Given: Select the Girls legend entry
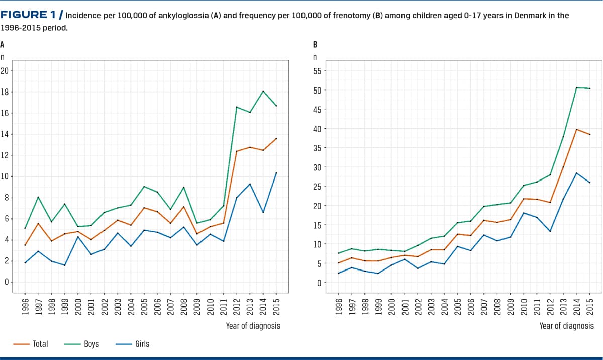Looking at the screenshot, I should pyautogui.click(x=142, y=344).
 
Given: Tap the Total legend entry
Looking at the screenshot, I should pyautogui.click(x=40, y=344).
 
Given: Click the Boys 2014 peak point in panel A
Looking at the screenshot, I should pyautogui.click(x=263, y=91).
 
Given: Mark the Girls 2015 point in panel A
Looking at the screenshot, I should pyautogui.click(x=276, y=173).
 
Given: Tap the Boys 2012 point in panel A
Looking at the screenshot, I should pyautogui.click(x=237, y=107).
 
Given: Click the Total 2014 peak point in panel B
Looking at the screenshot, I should pyautogui.click(x=576, y=129).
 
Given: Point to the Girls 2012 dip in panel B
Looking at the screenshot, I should pyautogui.click(x=550, y=231).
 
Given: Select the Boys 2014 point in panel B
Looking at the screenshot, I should pyautogui.click(x=576, y=88).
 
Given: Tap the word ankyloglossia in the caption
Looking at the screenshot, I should pyautogui.click(x=160, y=16).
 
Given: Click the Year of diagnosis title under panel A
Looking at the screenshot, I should pyautogui.click(x=253, y=326).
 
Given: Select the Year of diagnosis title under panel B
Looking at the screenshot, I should pyautogui.click(x=566, y=326).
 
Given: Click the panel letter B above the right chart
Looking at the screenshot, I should pyautogui.click(x=315, y=44).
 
